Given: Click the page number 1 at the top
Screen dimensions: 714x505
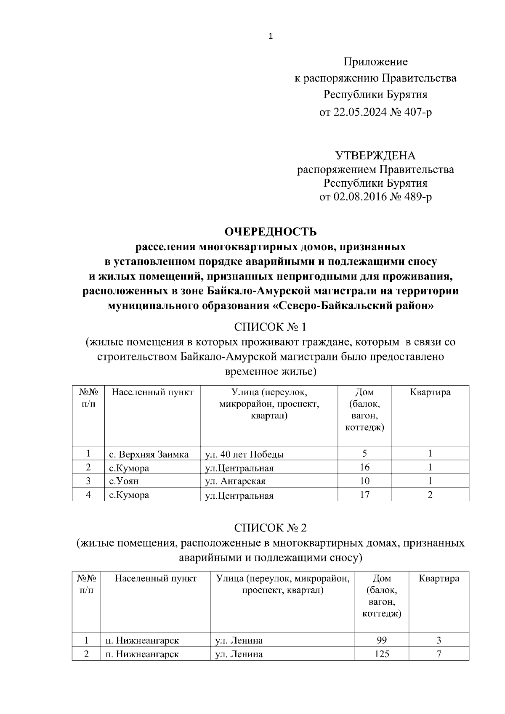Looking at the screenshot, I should pyautogui.click(x=271, y=37).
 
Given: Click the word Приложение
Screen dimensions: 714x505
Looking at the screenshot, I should pyautogui.click(x=375, y=62).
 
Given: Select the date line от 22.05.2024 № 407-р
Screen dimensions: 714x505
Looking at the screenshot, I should pyautogui.click(x=375, y=112).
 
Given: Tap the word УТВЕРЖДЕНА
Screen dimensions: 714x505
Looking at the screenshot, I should pyautogui.click(x=375, y=156).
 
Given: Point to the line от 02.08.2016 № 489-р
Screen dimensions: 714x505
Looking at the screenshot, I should pyautogui.click(x=375, y=197).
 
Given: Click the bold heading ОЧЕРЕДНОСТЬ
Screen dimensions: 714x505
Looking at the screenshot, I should pyautogui.click(x=271, y=232).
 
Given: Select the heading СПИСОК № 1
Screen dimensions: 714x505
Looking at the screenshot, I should pyautogui.click(x=271, y=327).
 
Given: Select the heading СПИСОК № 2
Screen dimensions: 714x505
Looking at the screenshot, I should pyautogui.click(x=271, y=528).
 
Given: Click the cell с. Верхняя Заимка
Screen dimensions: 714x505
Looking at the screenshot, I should pyautogui.click(x=149, y=454).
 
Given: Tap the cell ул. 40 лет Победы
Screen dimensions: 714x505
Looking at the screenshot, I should pyautogui.click(x=244, y=455).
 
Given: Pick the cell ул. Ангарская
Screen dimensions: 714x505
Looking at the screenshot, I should pyautogui.click(x=235, y=481).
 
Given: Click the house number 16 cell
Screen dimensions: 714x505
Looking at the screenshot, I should pyautogui.click(x=364, y=467).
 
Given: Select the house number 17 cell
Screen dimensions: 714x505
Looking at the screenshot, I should pyautogui.click(x=364, y=495).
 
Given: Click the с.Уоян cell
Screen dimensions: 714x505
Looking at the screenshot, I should pyautogui.click(x=124, y=481).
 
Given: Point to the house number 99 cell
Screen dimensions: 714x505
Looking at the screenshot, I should pyautogui.click(x=382, y=640).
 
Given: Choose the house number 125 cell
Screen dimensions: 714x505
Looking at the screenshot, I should pyautogui.click(x=382, y=654).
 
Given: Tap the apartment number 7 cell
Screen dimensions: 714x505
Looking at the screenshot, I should pyautogui.click(x=439, y=654).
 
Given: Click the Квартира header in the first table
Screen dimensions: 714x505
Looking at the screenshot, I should pyautogui.click(x=430, y=392).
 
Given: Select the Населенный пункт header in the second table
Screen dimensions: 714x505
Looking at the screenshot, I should pyautogui.click(x=156, y=579).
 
